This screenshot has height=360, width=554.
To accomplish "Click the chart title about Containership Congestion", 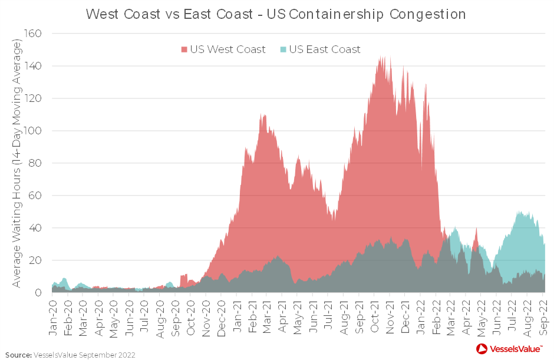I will pos(276,14).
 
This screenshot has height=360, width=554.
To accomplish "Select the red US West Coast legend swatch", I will pos(184,49).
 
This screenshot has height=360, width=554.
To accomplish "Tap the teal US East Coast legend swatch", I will pos(283,49).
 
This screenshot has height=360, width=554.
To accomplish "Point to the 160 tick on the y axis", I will pos(33,34).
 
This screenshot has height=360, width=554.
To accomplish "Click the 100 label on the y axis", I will pos(33,131).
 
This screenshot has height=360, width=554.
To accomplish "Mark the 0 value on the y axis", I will pos(38,292).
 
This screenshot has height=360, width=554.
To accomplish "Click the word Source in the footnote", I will pos(18,355).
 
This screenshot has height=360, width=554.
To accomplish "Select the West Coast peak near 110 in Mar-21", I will pos(263,115).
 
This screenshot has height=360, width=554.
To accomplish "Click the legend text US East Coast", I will pos(325,49).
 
